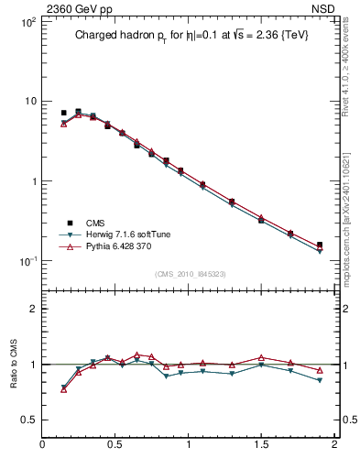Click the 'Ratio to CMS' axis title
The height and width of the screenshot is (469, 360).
click(14, 365)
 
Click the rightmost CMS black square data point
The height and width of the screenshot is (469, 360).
click(320, 245)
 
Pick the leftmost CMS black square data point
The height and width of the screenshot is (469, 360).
click(63, 113)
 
